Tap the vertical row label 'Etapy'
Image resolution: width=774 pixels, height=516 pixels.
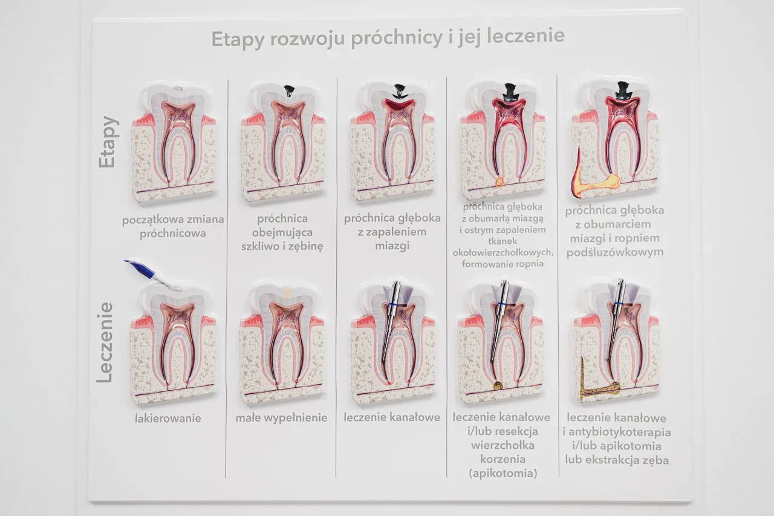click(x=108, y=142)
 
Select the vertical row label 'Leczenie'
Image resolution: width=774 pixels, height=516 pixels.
click(x=105, y=342)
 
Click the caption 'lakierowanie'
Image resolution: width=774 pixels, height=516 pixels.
click(x=168, y=418)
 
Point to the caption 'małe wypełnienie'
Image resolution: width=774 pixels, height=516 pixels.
click(x=281, y=418)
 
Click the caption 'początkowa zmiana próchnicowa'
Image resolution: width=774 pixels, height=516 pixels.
click(x=173, y=226)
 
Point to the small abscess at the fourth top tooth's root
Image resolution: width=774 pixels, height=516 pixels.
click(x=500, y=181)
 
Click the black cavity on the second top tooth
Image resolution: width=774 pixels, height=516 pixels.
click(x=289, y=91)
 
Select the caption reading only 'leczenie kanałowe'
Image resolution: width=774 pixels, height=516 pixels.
click(x=392, y=417)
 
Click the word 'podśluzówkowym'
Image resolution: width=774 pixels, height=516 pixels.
click(x=614, y=252)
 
